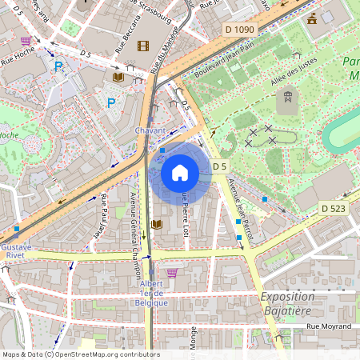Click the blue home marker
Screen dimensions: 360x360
[x=180, y=173]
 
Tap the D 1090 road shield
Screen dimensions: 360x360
[x=239, y=29]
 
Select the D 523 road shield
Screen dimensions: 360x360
[x=335, y=208]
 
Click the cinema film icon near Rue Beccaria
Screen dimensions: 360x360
[x=143, y=46]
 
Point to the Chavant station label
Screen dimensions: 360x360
[x=150, y=130]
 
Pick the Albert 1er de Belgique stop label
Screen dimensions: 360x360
[x=150, y=294]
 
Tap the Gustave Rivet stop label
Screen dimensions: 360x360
[x=16, y=252]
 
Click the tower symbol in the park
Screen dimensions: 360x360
[x=285, y=101]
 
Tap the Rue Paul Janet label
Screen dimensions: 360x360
[x=104, y=210]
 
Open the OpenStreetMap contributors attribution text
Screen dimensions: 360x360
[x=80, y=354]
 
